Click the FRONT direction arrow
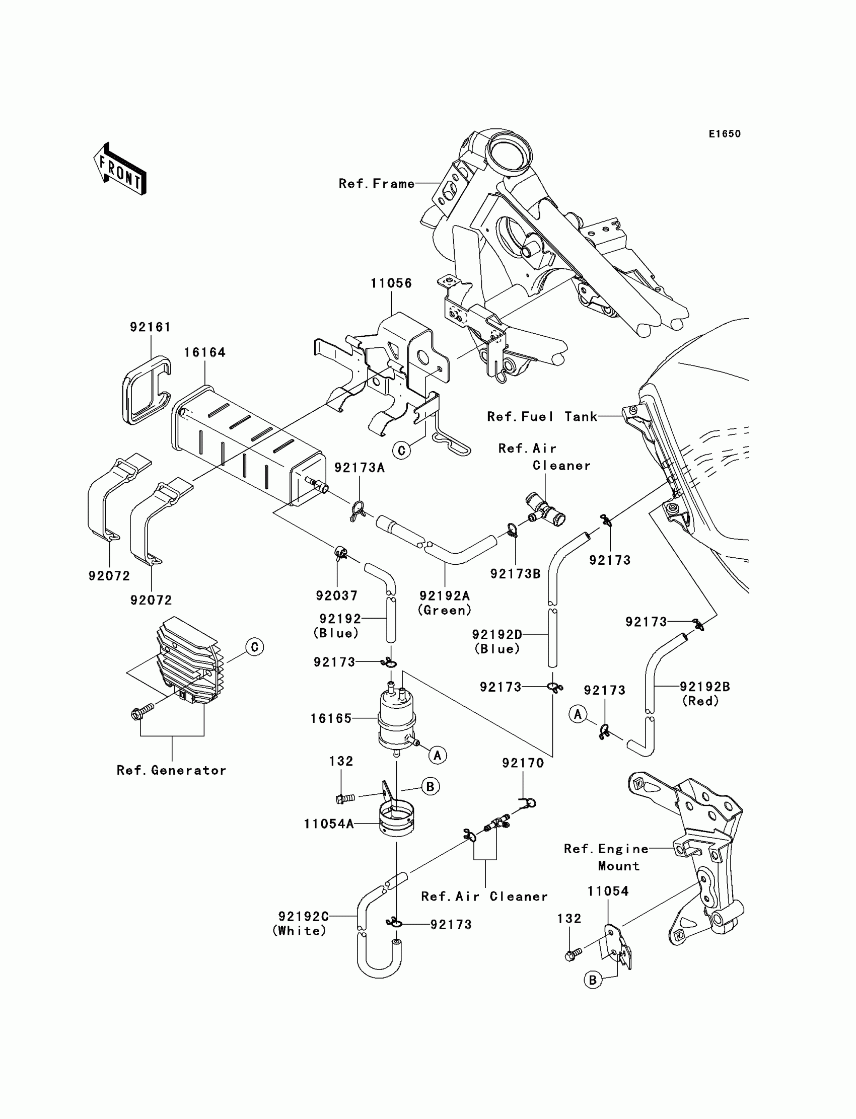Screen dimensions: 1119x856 point(120,169)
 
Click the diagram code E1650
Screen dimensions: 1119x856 point(725,134)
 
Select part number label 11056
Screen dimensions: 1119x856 point(391,283)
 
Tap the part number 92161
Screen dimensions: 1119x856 point(150,327)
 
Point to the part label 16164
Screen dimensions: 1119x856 point(204,352)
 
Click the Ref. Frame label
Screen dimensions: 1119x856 point(377,184)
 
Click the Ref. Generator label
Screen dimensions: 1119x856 point(171,770)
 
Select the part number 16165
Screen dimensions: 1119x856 point(331,718)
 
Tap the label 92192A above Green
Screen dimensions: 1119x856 point(444,595)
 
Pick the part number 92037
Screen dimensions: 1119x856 point(337,595)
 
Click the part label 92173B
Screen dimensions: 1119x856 point(515,573)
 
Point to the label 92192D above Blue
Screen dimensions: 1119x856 point(497,634)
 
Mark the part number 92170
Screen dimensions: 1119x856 point(523,763)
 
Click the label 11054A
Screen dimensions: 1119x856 point(329,824)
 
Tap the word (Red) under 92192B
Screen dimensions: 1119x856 point(700,701)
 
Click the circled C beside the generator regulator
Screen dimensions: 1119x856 point(254,647)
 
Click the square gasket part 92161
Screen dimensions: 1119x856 point(146,390)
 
